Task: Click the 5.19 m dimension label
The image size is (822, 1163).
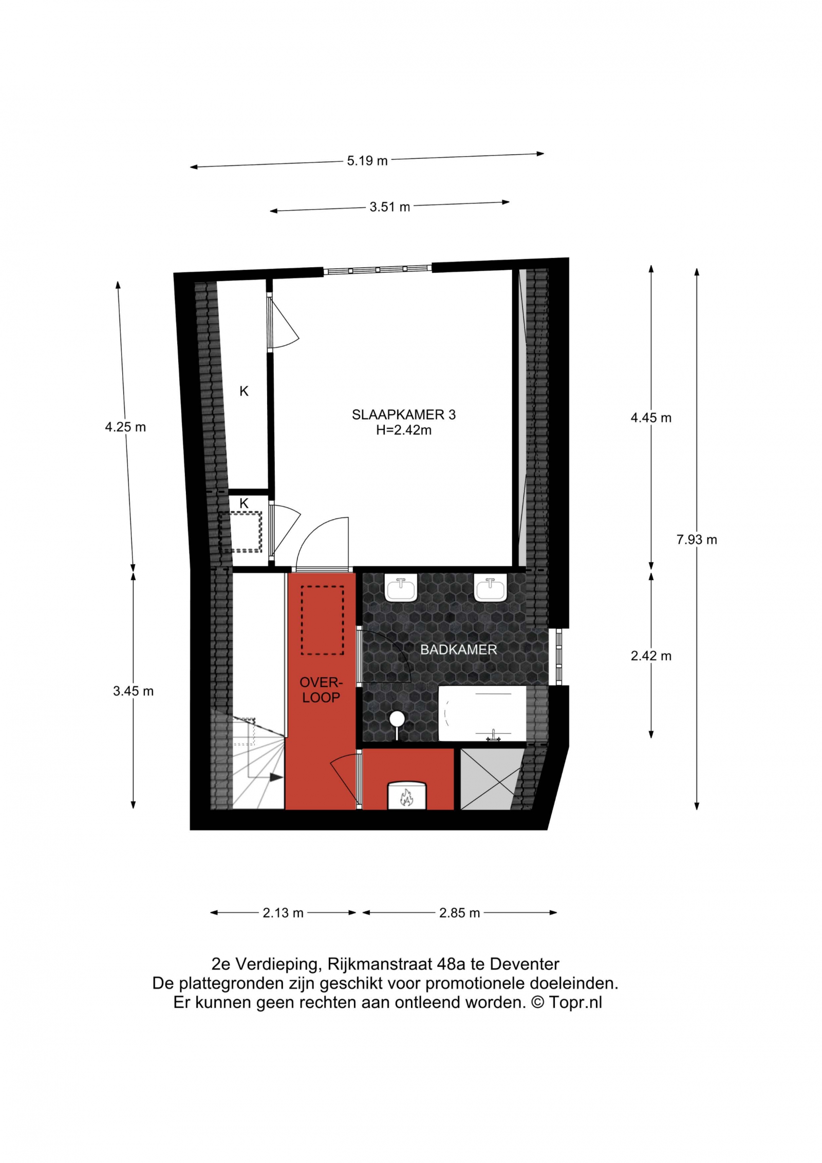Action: pos(367,161)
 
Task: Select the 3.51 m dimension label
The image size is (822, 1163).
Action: pos(389,207)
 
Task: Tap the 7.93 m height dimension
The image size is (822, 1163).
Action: pos(696,539)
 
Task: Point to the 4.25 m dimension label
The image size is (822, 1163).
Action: pos(125,427)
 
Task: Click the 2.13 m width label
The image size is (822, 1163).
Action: pos(283,913)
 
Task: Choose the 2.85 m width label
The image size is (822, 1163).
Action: pos(459,913)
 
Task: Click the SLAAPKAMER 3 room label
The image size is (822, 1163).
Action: pos(403,415)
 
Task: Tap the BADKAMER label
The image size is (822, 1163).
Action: pos(458,650)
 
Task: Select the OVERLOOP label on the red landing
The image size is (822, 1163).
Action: pos(321,690)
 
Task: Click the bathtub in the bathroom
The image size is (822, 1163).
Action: pos(482,713)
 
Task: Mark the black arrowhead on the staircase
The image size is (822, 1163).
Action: pos(276,778)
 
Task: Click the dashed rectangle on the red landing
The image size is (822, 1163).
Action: pos(322,621)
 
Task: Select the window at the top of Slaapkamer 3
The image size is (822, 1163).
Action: pos(378,269)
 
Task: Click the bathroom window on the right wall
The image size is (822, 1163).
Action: pos(559,656)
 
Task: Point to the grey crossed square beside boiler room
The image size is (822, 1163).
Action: pos(492,779)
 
